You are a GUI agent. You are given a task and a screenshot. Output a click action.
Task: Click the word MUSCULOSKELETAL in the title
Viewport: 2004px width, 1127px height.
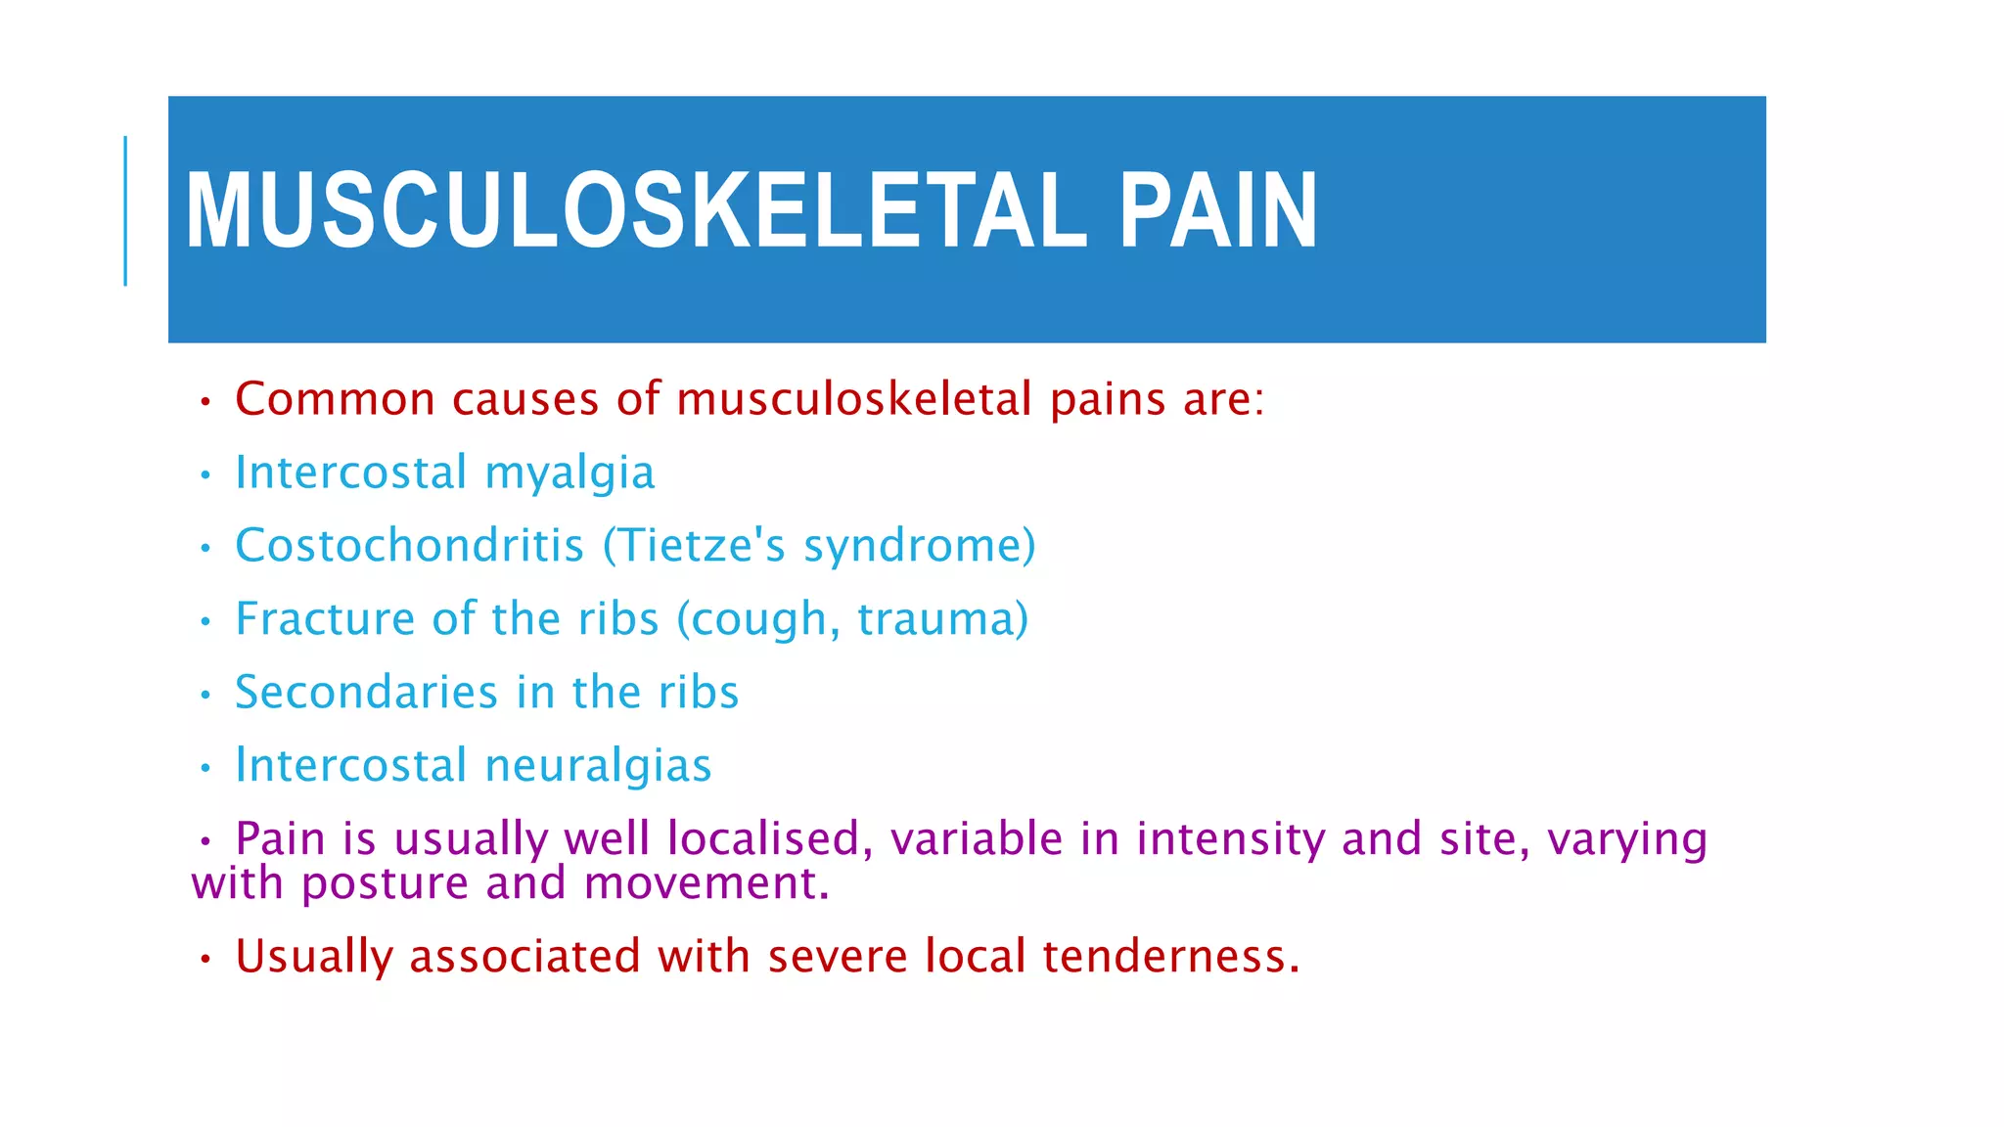click(635, 211)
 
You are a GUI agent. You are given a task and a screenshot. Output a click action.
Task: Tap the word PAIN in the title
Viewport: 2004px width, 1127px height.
click(1218, 211)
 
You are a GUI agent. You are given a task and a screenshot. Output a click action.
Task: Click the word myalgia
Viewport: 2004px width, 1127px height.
click(569, 473)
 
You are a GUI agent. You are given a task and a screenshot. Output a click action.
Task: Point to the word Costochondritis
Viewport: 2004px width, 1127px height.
click(409, 545)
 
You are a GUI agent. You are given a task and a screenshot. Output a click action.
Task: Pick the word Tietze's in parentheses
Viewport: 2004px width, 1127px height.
click(695, 545)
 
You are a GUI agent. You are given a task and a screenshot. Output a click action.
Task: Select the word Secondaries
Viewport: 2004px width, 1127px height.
click(367, 693)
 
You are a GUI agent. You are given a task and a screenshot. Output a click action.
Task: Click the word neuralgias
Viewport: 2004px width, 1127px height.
click(598, 765)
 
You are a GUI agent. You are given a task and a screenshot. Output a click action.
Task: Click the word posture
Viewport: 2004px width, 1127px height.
click(385, 883)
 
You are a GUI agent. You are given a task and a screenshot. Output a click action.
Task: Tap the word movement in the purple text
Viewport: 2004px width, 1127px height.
click(706, 883)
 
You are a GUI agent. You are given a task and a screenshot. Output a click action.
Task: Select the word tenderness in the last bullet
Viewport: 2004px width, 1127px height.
click(1170, 956)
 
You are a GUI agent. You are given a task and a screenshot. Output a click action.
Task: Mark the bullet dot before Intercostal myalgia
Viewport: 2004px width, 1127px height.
click(205, 476)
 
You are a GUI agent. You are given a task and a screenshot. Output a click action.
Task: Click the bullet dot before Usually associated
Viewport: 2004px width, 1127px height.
click(205, 960)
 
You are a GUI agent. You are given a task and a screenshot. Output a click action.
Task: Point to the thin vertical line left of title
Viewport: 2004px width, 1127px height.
click(125, 211)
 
